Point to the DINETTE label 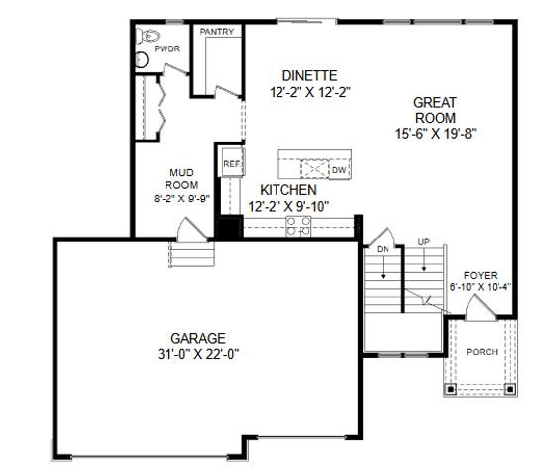pos(310,75)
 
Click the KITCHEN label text pos(288,190)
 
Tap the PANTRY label pos(217,32)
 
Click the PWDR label pos(166,47)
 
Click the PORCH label pos(482,352)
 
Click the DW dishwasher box pos(339,170)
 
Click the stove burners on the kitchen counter pos(297,227)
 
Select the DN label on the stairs pos(383,249)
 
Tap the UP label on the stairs pos(424,241)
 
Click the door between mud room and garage pos(186,232)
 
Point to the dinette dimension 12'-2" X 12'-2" pos(310,91)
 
